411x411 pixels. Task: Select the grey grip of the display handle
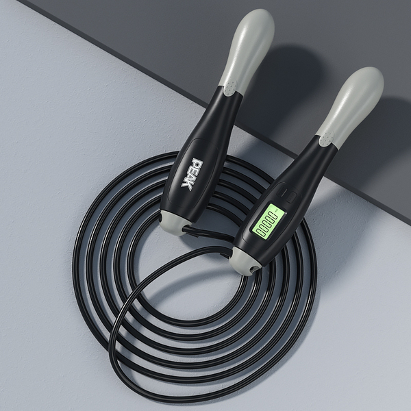point(351,105)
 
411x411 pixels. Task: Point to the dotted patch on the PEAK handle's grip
point(230,88)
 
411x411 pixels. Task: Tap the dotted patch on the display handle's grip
point(327,138)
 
